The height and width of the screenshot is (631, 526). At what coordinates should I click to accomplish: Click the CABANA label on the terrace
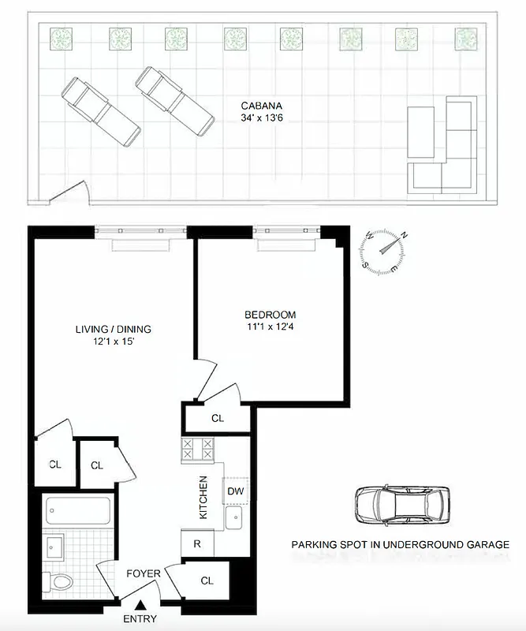tap(263, 104)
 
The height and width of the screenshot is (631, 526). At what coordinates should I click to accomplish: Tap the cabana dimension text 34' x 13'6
tap(263, 118)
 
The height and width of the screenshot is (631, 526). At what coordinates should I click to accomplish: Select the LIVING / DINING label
tap(113, 329)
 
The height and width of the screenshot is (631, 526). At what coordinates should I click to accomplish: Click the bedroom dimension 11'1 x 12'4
tap(270, 327)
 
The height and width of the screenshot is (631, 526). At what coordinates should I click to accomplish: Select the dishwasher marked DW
tap(235, 491)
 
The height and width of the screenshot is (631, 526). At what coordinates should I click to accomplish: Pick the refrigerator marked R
tap(196, 543)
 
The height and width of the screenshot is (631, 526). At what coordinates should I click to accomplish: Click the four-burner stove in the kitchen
tap(197, 450)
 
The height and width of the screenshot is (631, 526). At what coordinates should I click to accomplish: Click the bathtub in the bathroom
tap(77, 510)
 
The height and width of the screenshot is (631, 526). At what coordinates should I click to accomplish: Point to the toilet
tap(60, 582)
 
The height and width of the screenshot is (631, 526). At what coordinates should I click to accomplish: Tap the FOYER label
tap(144, 573)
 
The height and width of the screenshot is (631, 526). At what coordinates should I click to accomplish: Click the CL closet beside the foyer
tap(207, 581)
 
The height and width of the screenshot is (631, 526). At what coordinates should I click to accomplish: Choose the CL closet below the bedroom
tap(217, 418)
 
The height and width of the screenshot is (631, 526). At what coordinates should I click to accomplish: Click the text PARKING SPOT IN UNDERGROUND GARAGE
tap(400, 544)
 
